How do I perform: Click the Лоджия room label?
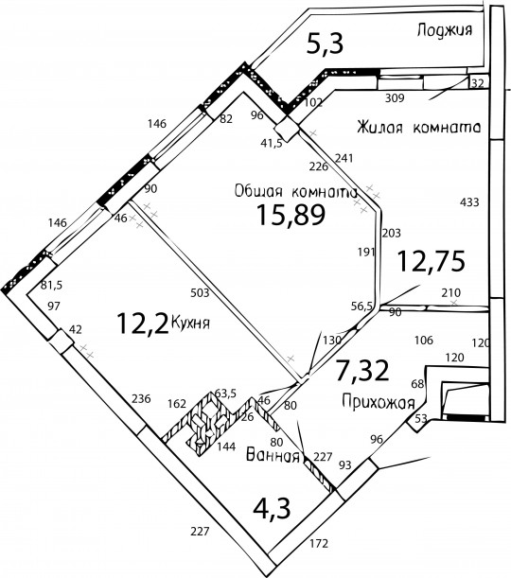(445, 30)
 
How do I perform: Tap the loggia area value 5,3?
(326, 43)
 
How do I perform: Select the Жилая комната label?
(419, 128)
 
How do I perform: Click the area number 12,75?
(432, 261)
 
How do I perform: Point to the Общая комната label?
(296, 192)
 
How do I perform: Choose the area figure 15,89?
(291, 215)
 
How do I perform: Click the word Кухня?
(191, 323)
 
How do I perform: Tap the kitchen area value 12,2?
(142, 324)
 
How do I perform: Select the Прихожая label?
(379, 401)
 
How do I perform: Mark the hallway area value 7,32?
(362, 371)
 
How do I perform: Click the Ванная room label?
(273, 456)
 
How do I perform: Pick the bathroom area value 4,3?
(273, 508)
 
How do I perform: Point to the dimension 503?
(200, 292)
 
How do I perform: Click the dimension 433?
(469, 202)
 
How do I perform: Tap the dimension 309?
(395, 98)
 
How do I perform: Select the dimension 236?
(141, 398)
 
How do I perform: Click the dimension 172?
(319, 543)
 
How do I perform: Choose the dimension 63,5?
(225, 393)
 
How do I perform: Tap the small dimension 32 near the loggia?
(478, 83)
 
